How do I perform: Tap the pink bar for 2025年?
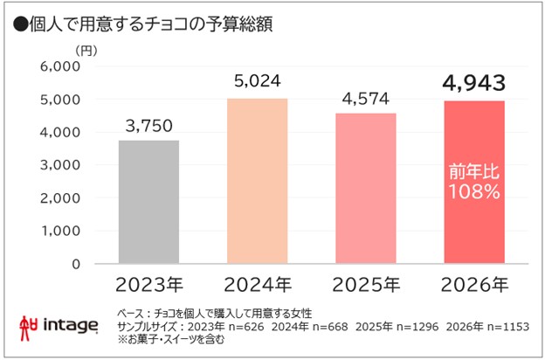pos(366,188)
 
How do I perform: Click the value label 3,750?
pos(148,125)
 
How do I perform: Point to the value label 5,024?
pos(257,82)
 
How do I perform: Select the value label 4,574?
pos(366,97)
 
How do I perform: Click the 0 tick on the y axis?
pos(76,263)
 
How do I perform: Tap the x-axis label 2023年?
pos(148,285)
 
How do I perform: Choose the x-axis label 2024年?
pos(257,285)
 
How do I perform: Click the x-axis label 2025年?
pos(366,285)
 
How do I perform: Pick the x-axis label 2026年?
pos(475,285)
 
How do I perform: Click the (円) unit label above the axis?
pos(87,49)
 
